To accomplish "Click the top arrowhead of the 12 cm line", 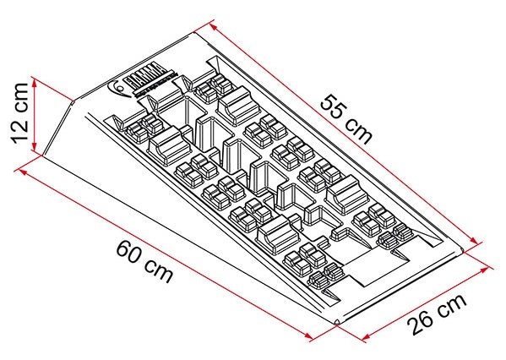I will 35,81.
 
